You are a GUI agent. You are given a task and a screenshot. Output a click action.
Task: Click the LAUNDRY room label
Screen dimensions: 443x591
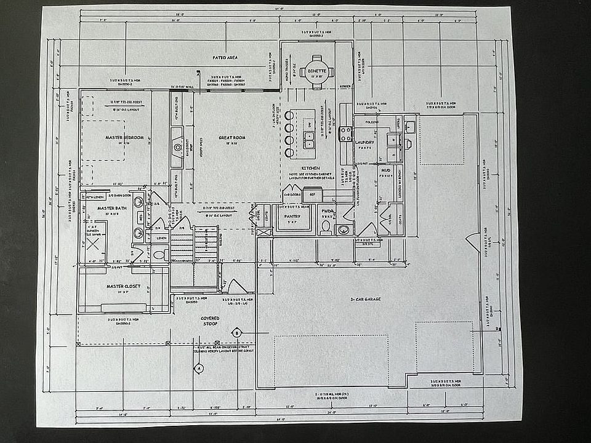click(x=365, y=142)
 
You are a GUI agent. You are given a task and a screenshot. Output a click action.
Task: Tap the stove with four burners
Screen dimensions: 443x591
click(x=346, y=134)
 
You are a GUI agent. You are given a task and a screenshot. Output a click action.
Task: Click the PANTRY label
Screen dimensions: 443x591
click(x=291, y=216)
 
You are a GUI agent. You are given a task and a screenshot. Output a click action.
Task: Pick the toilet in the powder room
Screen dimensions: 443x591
click(x=325, y=227)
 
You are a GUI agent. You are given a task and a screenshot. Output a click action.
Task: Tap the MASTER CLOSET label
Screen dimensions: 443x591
click(x=123, y=286)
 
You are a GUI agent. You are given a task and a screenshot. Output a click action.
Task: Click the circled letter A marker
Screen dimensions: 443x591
click(x=198, y=369)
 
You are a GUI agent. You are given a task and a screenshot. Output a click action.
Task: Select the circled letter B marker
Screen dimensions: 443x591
click(x=236, y=333)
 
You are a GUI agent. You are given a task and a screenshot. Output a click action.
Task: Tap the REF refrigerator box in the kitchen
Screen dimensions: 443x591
click(x=312, y=193)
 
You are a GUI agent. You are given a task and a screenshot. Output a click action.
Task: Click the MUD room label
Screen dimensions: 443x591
click(x=385, y=170)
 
